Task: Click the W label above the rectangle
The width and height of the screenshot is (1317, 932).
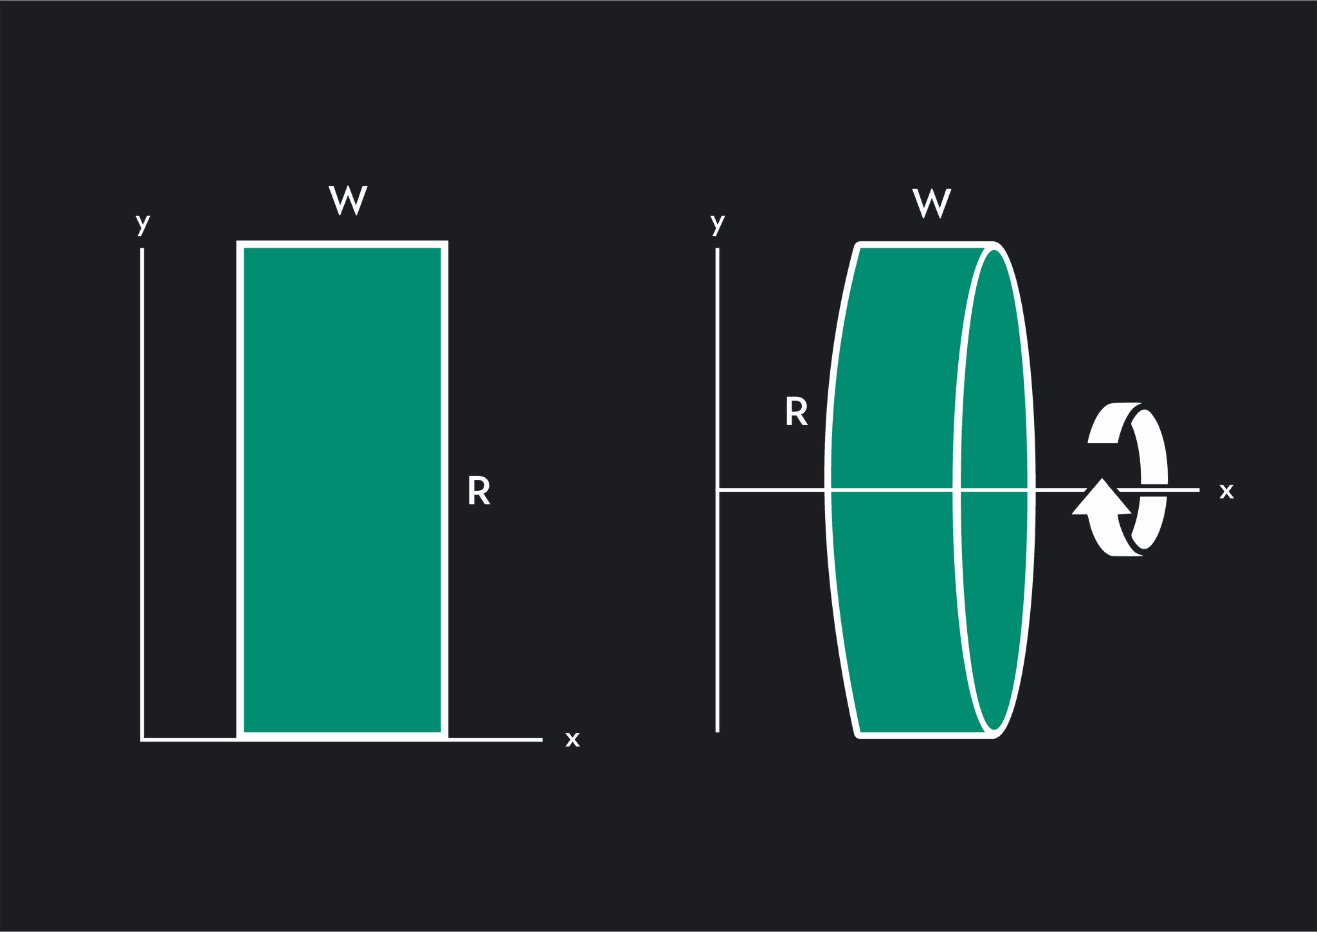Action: click(x=348, y=200)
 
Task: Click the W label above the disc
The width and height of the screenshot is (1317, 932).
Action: click(x=932, y=203)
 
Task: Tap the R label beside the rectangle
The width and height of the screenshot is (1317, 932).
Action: click(x=479, y=491)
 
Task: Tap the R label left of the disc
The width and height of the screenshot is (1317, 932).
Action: click(x=797, y=411)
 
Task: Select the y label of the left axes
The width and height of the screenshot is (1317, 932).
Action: click(x=143, y=224)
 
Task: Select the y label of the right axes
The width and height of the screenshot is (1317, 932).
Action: click(x=718, y=224)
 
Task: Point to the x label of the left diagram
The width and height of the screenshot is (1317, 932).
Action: click(x=572, y=739)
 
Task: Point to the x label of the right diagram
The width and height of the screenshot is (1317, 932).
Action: click(x=1226, y=491)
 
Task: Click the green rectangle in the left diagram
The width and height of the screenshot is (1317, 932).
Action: click(x=343, y=491)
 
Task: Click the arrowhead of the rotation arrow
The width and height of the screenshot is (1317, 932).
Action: click(x=1102, y=497)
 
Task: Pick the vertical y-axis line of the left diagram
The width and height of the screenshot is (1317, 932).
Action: click(x=142, y=494)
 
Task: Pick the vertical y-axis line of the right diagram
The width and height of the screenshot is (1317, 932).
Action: click(x=718, y=490)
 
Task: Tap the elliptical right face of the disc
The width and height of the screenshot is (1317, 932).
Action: click(x=994, y=490)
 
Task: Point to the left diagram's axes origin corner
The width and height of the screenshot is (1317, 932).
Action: click(x=142, y=740)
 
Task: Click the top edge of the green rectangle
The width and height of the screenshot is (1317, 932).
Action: click(x=343, y=244)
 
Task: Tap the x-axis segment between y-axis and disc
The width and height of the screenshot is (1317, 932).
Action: click(x=772, y=490)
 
